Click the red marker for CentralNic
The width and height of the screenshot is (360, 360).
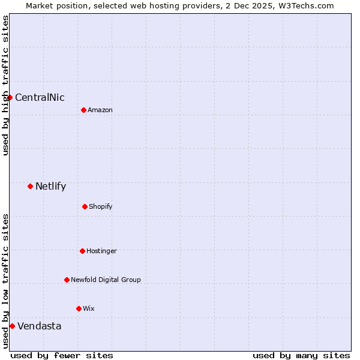tap(10, 97)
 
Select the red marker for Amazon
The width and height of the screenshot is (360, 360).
tap(83, 110)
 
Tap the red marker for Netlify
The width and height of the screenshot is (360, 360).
tap(30, 186)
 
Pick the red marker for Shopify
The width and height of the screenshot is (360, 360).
tap(85, 206)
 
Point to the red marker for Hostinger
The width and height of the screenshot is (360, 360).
tap(82, 251)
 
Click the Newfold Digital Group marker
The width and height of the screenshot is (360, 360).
tap(67, 280)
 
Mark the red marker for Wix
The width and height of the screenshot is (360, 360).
tap(79, 308)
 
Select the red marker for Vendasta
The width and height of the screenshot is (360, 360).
tap(12, 326)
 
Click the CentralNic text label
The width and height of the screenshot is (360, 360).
tap(40, 98)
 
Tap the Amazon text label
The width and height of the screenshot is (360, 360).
tap(100, 110)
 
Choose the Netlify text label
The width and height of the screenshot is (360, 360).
tap(50, 187)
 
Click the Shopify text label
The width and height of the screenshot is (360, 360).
tap(101, 207)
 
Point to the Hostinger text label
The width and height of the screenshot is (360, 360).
tap(101, 251)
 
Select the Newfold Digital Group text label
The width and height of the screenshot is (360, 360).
tap(106, 280)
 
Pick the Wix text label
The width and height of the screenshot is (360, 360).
tap(89, 309)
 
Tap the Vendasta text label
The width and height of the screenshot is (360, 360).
tap(39, 326)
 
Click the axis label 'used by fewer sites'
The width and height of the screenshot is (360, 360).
tap(62, 355)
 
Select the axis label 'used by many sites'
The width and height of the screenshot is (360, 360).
tap(301, 355)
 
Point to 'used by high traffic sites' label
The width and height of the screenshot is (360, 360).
tap(5, 85)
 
